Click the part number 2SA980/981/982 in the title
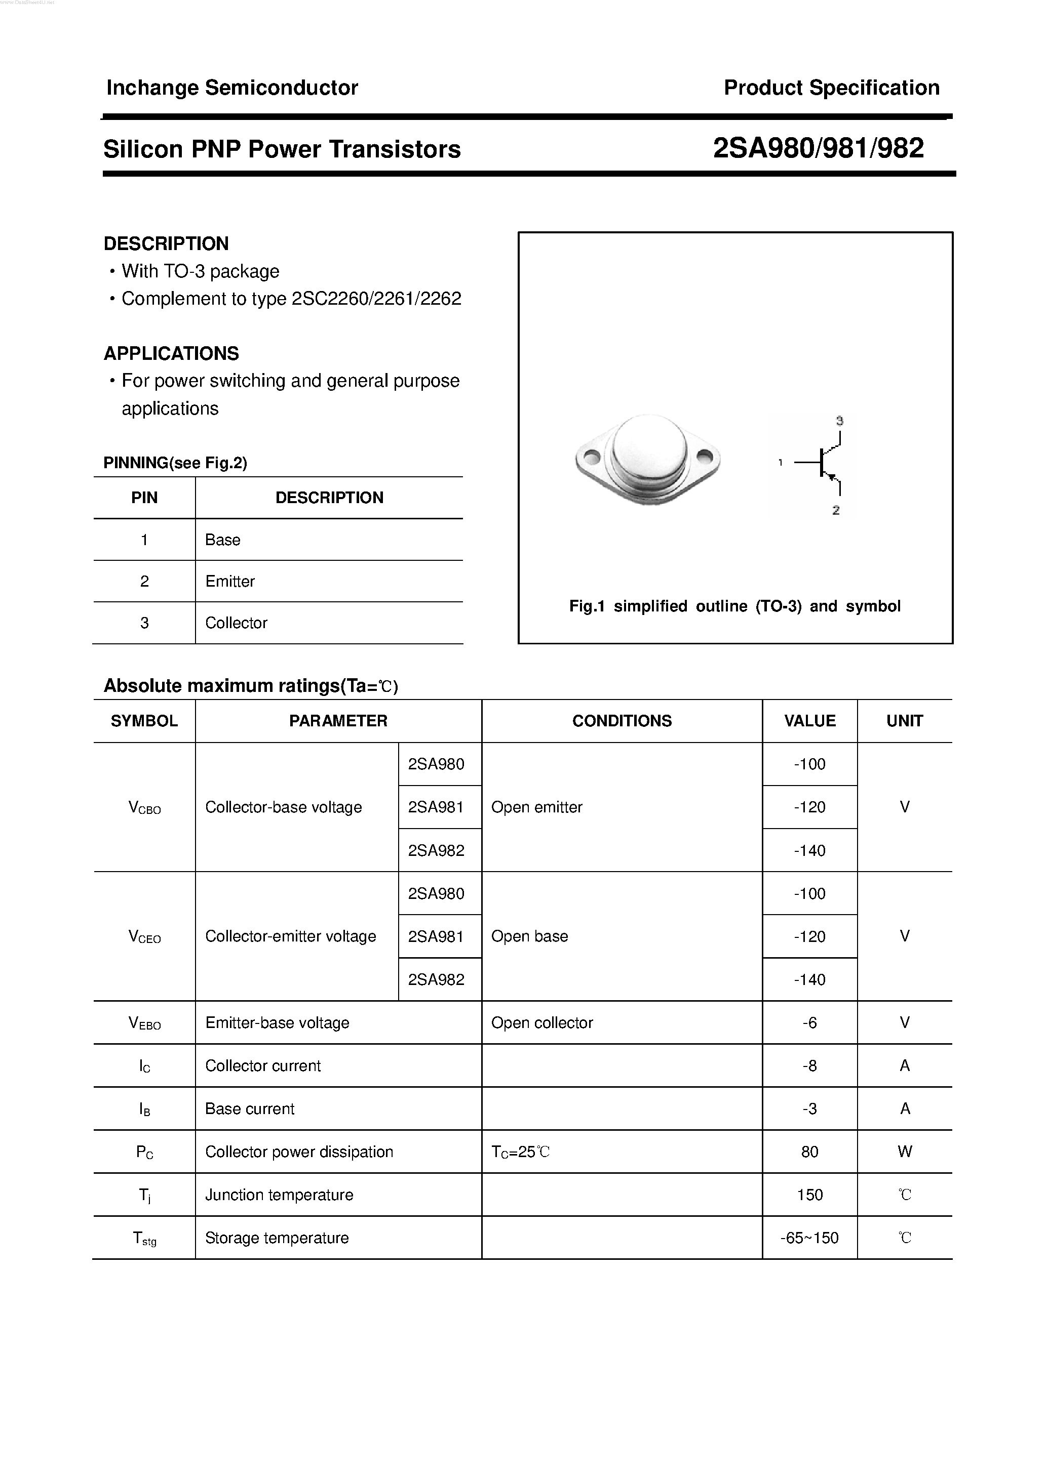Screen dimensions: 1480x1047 coord(818,148)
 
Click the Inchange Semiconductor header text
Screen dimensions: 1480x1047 coord(231,88)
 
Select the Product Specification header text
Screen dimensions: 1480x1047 coord(831,88)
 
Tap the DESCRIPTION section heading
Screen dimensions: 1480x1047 coord(166,243)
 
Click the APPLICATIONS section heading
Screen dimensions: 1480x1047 coord(171,353)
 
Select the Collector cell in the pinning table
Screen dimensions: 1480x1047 coord(236,623)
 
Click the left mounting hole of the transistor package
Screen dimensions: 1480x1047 coord(592,458)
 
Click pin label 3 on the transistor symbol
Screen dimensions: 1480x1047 coord(839,421)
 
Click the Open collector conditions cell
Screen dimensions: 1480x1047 coord(542,1022)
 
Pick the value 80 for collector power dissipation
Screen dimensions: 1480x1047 coord(809,1152)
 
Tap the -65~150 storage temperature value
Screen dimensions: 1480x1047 coord(809,1238)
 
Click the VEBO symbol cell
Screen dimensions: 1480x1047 coord(144,1023)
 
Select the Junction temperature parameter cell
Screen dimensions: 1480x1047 coord(279,1195)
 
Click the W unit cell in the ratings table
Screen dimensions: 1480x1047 coord(905,1152)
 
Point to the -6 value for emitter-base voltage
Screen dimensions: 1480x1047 coord(809,1022)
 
